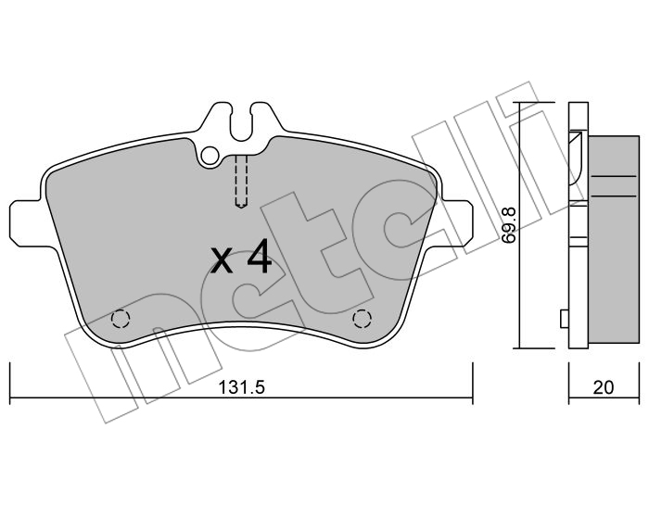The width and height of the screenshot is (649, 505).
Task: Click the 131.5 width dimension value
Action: coord(241,387)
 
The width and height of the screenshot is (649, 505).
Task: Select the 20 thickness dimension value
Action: coord(603,387)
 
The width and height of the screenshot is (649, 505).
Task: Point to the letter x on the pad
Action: coord(222,261)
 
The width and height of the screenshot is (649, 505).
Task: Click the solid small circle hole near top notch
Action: coord(210,156)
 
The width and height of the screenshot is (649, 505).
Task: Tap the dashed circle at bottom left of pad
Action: coord(121,319)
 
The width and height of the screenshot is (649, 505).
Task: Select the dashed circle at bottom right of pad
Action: coord(362,319)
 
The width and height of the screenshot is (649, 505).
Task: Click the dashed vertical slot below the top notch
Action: coord(241,181)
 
